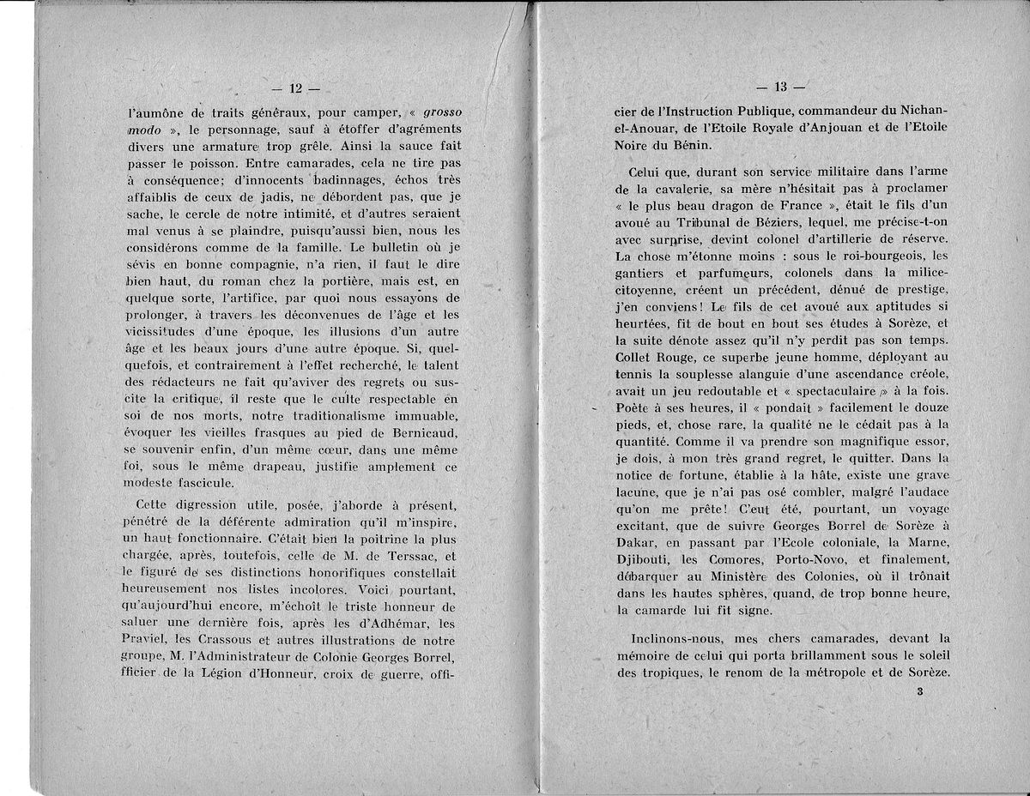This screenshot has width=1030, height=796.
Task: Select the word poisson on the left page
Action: pyautogui.click(x=191, y=160)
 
